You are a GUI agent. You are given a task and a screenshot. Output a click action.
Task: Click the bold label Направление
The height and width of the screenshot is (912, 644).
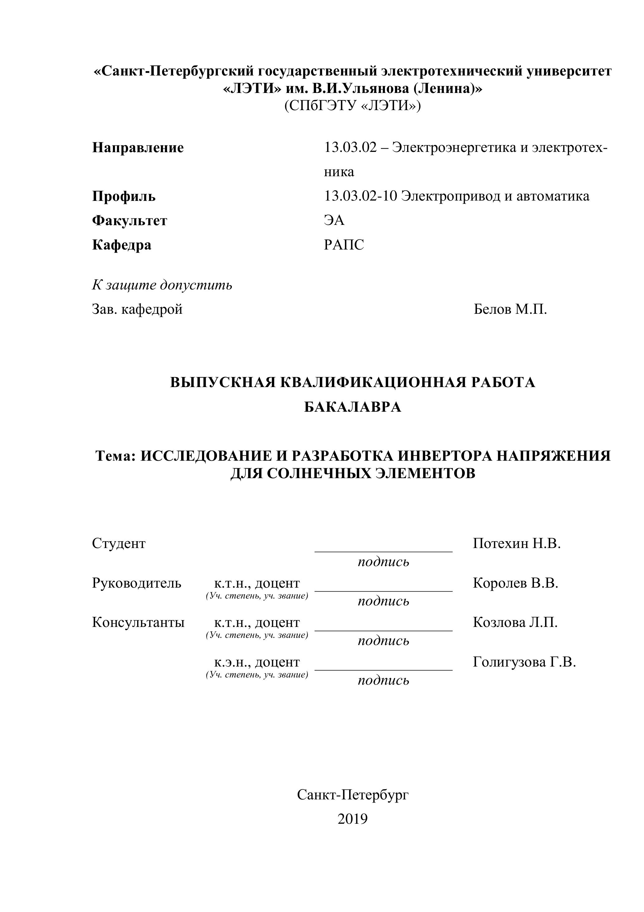pos(138,148)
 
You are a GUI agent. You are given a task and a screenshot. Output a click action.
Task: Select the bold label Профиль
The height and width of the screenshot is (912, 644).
pos(123,196)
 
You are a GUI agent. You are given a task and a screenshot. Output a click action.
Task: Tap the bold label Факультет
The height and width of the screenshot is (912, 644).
pos(129,221)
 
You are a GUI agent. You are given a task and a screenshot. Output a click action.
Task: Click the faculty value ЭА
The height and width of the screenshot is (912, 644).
pos(334,220)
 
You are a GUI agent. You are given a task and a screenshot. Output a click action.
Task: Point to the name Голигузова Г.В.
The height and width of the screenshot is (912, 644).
pos(524,662)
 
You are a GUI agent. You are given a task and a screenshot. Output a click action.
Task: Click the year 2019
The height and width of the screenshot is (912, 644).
pos(353,819)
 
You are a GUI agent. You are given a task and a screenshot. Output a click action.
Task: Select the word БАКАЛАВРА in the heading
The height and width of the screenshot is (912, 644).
pos(353,407)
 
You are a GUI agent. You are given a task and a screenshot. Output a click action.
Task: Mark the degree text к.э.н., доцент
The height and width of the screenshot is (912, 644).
pos(257,662)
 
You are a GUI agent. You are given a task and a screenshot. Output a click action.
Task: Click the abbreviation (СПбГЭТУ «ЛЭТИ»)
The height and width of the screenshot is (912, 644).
pos(353,106)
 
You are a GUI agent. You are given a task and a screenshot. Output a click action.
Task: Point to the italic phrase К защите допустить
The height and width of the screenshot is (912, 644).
pos(162,285)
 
